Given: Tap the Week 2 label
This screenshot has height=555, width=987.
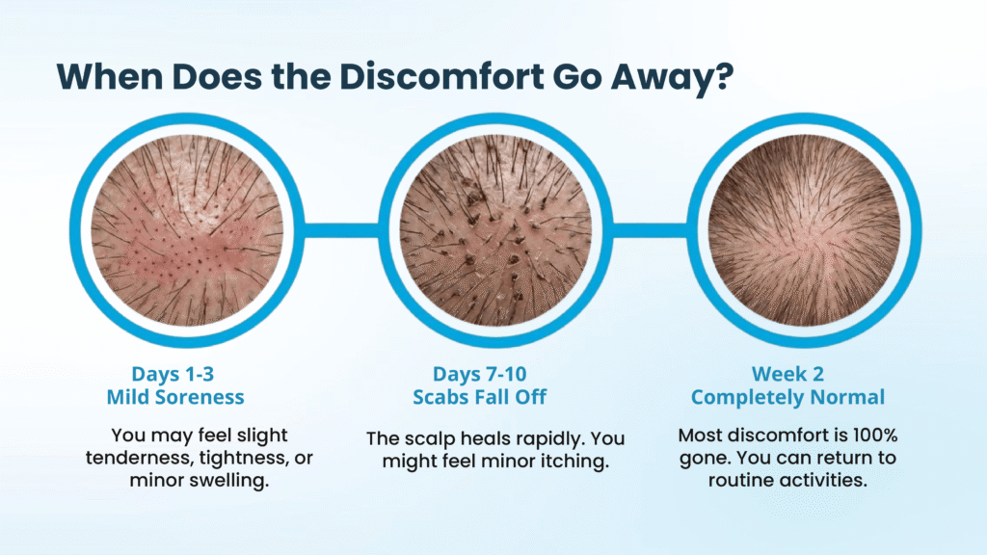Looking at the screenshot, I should (787, 374).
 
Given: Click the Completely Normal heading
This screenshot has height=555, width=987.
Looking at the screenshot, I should (787, 396).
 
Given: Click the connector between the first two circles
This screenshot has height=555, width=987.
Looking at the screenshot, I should (341, 230).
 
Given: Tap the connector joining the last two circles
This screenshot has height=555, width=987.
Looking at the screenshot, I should (649, 230).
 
